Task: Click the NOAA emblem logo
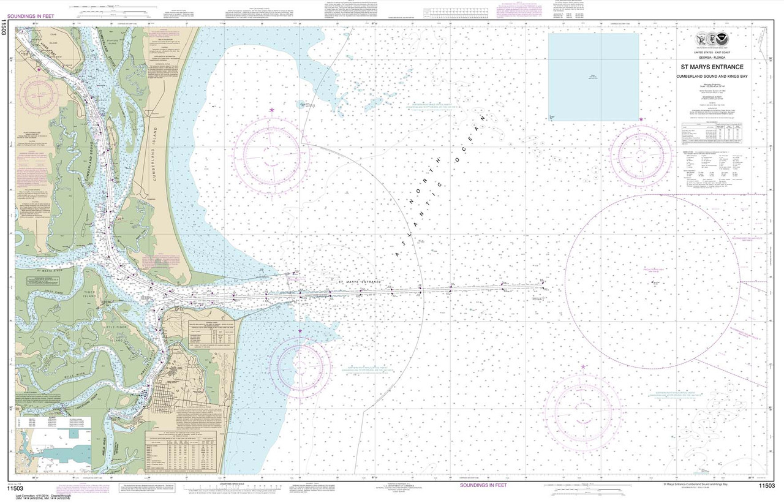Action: pyautogui.click(x=725, y=40)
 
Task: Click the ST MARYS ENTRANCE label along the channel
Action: pyautogui.click(x=360, y=282)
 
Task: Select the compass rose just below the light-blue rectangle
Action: pyautogui.click(x=641, y=151)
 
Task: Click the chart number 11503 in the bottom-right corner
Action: pyautogui.click(x=767, y=486)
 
